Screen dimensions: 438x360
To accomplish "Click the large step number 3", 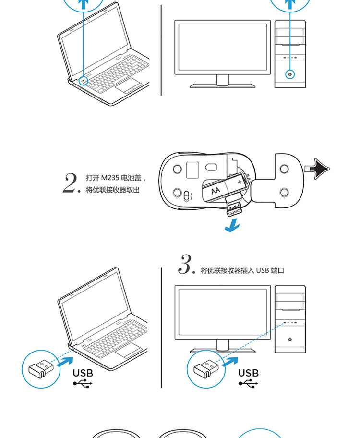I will pos(185,265).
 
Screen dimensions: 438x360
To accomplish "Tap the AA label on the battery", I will pos(216,190).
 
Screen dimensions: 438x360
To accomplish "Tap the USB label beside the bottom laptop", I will pos(83,373).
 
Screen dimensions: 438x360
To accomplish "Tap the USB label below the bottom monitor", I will pos(248,373).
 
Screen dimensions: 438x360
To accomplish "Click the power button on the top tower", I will pos(290,74).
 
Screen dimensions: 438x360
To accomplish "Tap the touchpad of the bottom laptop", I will pos(128,351).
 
